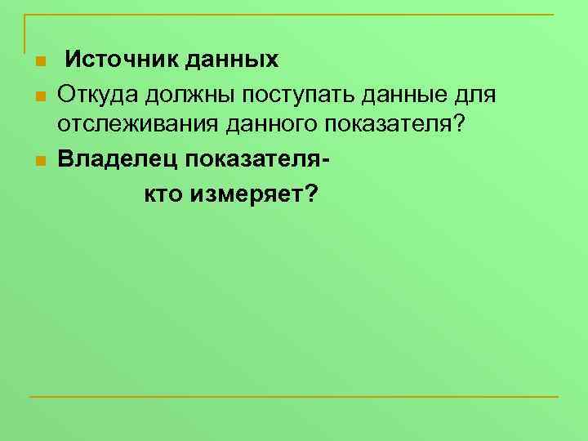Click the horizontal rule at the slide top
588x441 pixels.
[x=294, y=16]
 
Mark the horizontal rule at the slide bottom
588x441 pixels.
[x=294, y=397]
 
